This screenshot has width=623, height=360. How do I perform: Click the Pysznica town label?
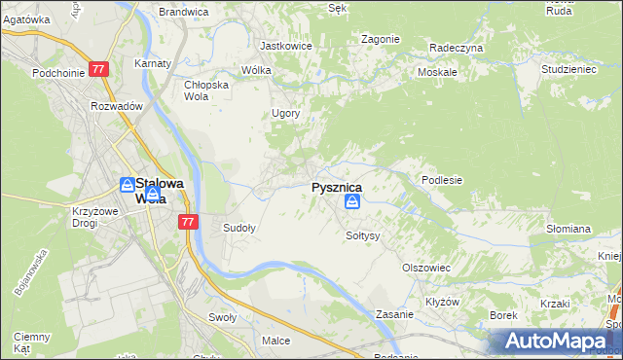coord(337,187)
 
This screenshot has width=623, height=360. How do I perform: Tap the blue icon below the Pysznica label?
coord(352,202)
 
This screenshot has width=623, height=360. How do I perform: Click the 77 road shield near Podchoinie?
coord(98,70)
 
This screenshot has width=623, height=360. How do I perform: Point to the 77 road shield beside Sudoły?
coord(189,222)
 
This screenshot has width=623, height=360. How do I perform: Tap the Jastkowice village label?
coord(284,45)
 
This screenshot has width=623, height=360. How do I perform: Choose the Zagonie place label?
coord(380,39)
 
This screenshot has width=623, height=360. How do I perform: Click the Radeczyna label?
coord(456,47)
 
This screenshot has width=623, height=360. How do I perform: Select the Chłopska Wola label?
coord(206,90)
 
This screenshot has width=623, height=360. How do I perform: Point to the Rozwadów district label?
coord(117,106)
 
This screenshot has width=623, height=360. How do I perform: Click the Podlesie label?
coord(441,180)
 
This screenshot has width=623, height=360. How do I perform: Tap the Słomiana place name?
coord(568,229)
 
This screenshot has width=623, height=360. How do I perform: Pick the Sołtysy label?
coord(362,235)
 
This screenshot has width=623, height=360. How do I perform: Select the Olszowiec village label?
coord(425,267)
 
